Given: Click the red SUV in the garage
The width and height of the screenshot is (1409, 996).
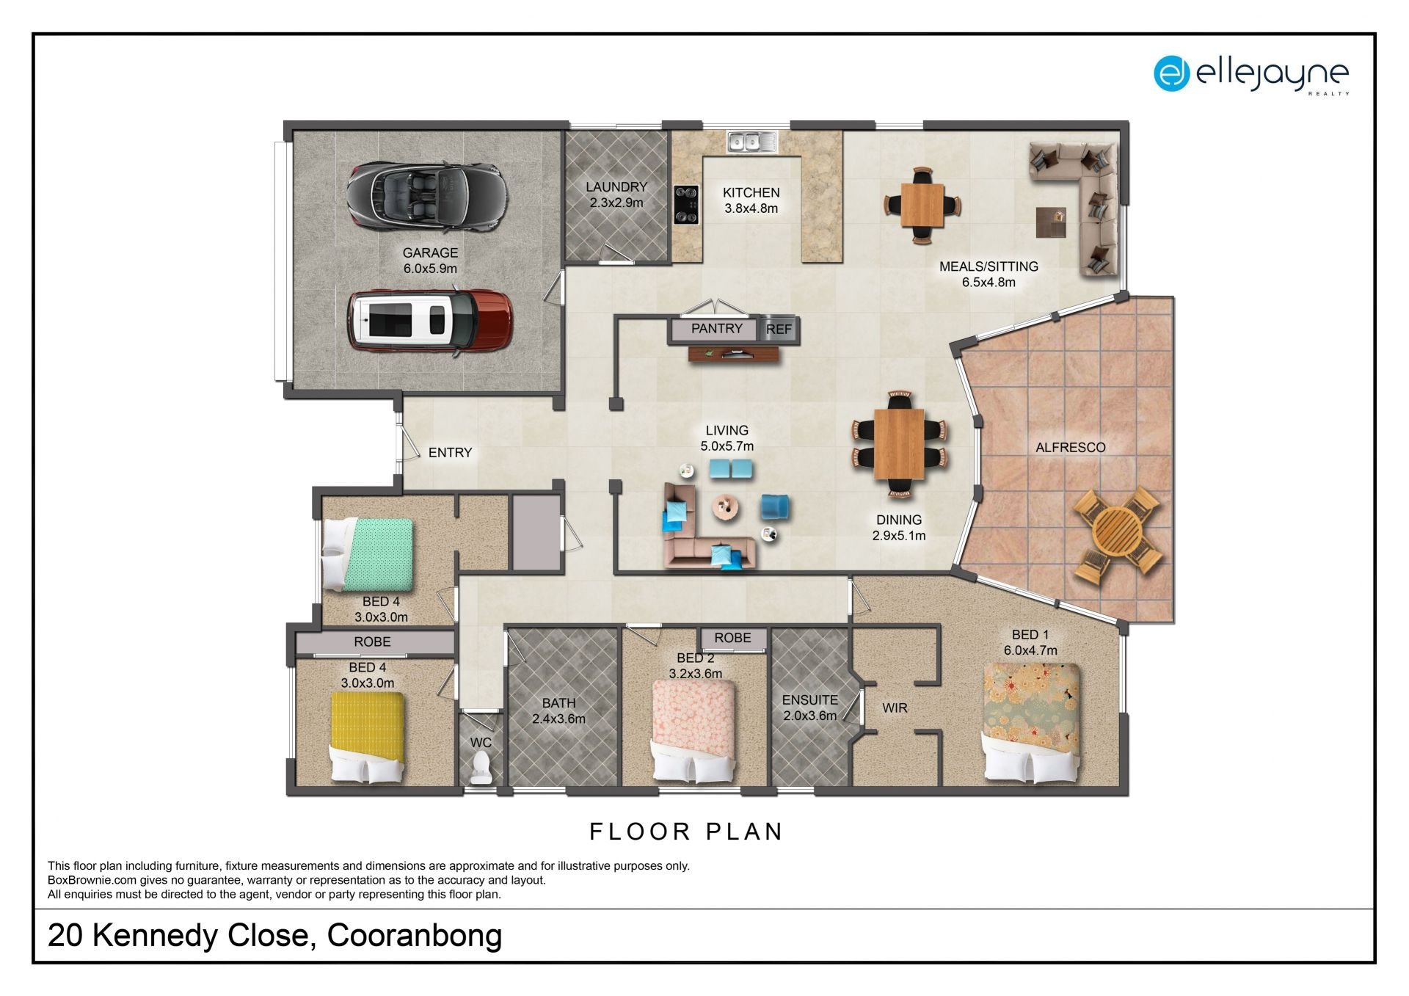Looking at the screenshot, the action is click(x=429, y=321).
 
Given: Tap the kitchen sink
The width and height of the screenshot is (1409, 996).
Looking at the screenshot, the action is click(x=752, y=141).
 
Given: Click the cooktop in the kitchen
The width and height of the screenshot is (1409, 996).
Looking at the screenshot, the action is click(x=686, y=204).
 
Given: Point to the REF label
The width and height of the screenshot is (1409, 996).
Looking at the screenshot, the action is click(x=779, y=330).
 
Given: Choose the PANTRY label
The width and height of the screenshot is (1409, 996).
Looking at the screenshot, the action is click(x=717, y=328).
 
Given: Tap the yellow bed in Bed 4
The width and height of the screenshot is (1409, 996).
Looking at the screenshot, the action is click(x=367, y=737).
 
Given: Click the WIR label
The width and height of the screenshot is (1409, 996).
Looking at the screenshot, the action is click(x=895, y=708).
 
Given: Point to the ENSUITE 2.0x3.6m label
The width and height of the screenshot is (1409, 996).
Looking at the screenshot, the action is click(x=809, y=708).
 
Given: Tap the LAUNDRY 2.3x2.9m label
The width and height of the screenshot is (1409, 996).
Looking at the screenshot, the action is click(x=616, y=195).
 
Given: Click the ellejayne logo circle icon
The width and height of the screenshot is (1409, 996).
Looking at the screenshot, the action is click(x=1171, y=73).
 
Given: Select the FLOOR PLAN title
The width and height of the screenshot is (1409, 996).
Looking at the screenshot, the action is click(x=687, y=832).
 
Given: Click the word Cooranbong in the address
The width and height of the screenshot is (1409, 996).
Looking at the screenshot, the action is click(x=415, y=935).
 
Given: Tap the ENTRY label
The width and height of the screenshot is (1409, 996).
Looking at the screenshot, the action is click(x=450, y=453).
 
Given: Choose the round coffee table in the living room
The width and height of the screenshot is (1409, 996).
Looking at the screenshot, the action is click(x=727, y=506).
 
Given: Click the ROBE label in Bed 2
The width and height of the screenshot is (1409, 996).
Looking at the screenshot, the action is click(x=732, y=638).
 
